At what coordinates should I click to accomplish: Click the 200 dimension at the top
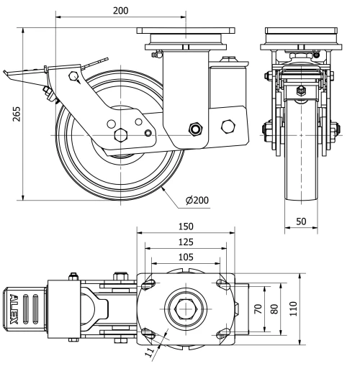tap(120, 10)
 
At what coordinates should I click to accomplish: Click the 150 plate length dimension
tap(186, 227)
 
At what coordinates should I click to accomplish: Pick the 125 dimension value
tap(186, 242)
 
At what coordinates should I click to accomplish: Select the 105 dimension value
tap(186, 257)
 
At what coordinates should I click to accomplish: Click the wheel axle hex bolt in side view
tap(120, 134)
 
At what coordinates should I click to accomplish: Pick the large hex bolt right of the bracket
tap(229, 127)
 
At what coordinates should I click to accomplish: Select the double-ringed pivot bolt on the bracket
tap(194, 129)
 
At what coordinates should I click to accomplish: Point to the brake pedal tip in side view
tap(9, 73)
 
